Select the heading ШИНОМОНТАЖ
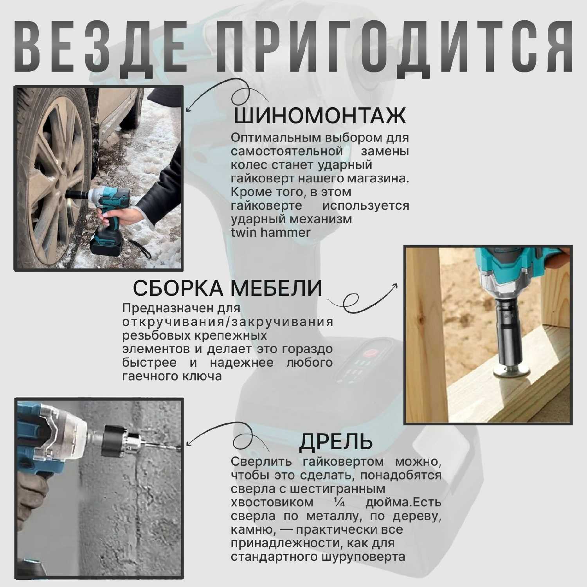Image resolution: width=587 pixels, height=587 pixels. (320, 115)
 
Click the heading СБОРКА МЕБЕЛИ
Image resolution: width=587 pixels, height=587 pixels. (228, 288)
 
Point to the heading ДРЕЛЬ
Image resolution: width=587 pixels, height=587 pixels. (336, 441)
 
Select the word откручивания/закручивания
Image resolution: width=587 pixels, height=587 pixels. (228, 322)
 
